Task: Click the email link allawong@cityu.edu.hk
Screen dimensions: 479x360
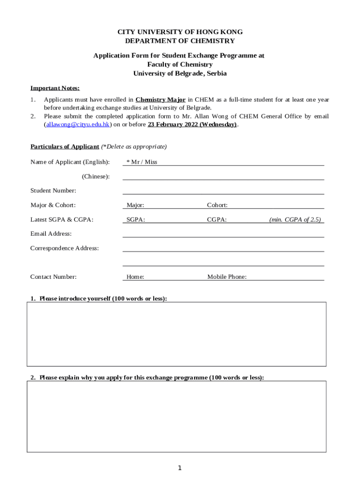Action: (78, 125)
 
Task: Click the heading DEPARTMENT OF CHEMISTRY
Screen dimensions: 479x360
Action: (180, 41)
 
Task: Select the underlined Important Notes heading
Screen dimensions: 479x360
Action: (55, 88)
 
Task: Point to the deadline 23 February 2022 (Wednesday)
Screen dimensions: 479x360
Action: (192, 125)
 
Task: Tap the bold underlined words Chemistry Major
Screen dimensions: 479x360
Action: (160, 100)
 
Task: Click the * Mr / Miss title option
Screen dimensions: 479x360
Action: (142, 162)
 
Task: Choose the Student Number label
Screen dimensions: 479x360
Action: (53, 190)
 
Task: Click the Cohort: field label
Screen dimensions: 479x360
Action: (217, 205)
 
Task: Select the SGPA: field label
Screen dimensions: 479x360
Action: (136, 219)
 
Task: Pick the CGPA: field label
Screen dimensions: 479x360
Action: (217, 219)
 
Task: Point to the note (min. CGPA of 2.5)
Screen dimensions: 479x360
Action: (295, 219)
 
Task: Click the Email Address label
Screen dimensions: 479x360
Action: (51, 233)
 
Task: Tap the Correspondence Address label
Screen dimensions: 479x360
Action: (65, 248)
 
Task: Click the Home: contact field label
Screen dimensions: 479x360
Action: (135, 277)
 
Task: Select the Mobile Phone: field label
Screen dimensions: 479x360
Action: (227, 277)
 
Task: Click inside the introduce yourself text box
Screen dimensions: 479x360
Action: (176, 334)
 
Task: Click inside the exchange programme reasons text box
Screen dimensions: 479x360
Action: (176, 416)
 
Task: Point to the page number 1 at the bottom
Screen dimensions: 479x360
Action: (180, 468)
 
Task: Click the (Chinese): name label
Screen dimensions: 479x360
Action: (96, 176)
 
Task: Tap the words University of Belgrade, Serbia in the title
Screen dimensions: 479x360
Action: (180, 73)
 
